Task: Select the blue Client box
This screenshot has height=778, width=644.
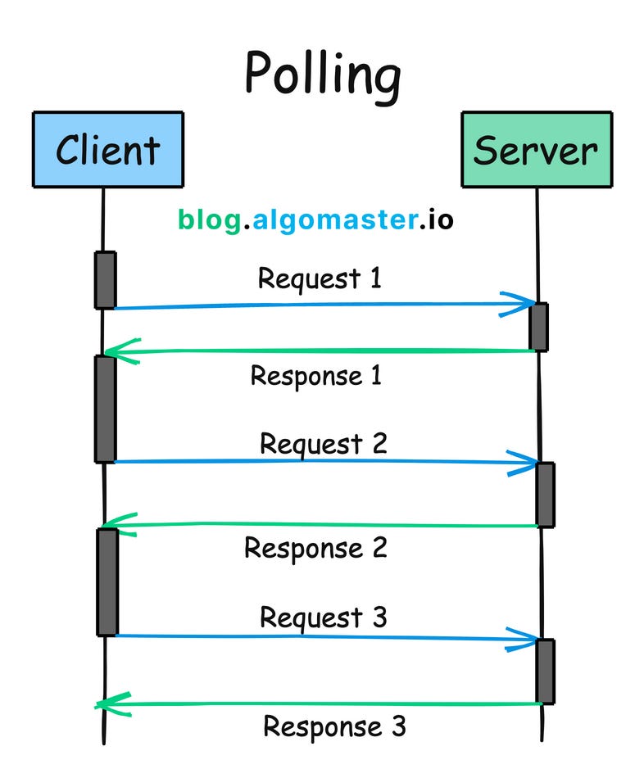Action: pos(107,150)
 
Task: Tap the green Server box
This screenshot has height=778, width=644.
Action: pos(536,150)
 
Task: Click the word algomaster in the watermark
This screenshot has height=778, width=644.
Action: pos(333,219)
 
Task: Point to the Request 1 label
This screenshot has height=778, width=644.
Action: pos(320,278)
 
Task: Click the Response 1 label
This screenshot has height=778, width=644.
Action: pos(315,376)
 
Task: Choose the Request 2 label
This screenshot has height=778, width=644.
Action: pos(323,444)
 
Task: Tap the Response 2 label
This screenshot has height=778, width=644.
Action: pos(315,547)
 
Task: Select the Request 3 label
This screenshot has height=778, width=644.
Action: pos(323,617)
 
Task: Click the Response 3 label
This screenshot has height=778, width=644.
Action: pos(334,726)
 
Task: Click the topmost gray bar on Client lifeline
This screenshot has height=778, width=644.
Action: pos(105,280)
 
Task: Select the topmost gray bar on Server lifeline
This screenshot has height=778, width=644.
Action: pos(538,327)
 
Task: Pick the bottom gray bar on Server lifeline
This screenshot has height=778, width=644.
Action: pos(545,671)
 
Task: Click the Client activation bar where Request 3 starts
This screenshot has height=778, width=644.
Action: pos(107,581)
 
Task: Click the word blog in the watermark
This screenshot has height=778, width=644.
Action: pos(209,219)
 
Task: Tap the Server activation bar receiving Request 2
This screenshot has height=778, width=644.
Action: pos(545,494)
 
